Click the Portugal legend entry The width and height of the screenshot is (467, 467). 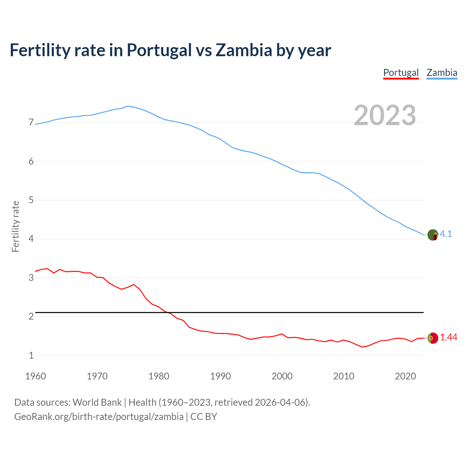pyautogui.click(x=401, y=73)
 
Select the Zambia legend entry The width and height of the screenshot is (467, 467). pyautogui.click(x=442, y=73)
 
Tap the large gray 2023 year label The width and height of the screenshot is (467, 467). pyautogui.click(x=385, y=115)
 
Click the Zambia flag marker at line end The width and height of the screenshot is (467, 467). pyautogui.click(x=433, y=235)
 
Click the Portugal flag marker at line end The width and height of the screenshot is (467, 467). pyautogui.click(x=433, y=338)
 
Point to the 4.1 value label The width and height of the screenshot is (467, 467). pyautogui.click(x=446, y=234)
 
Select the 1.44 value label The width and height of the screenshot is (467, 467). pyautogui.click(x=448, y=337)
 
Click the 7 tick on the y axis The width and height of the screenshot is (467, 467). pyautogui.click(x=31, y=123)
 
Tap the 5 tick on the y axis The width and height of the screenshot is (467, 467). pyautogui.click(x=31, y=200)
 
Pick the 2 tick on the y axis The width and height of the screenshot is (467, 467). pyautogui.click(x=31, y=317)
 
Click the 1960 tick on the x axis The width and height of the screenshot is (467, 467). pyautogui.click(x=35, y=376)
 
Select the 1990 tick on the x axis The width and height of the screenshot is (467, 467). pyautogui.click(x=220, y=376)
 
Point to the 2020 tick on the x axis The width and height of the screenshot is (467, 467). pyautogui.click(x=405, y=376)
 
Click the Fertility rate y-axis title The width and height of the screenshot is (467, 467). pyautogui.click(x=15, y=226)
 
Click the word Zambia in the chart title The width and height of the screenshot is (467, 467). pyautogui.click(x=244, y=50)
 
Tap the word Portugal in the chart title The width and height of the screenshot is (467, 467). pyautogui.click(x=159, y=50)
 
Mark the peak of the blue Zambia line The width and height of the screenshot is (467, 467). pyautogui.click(x=127, y=106)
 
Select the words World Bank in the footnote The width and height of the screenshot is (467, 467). pyautogui.click(x=97, y=402)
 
